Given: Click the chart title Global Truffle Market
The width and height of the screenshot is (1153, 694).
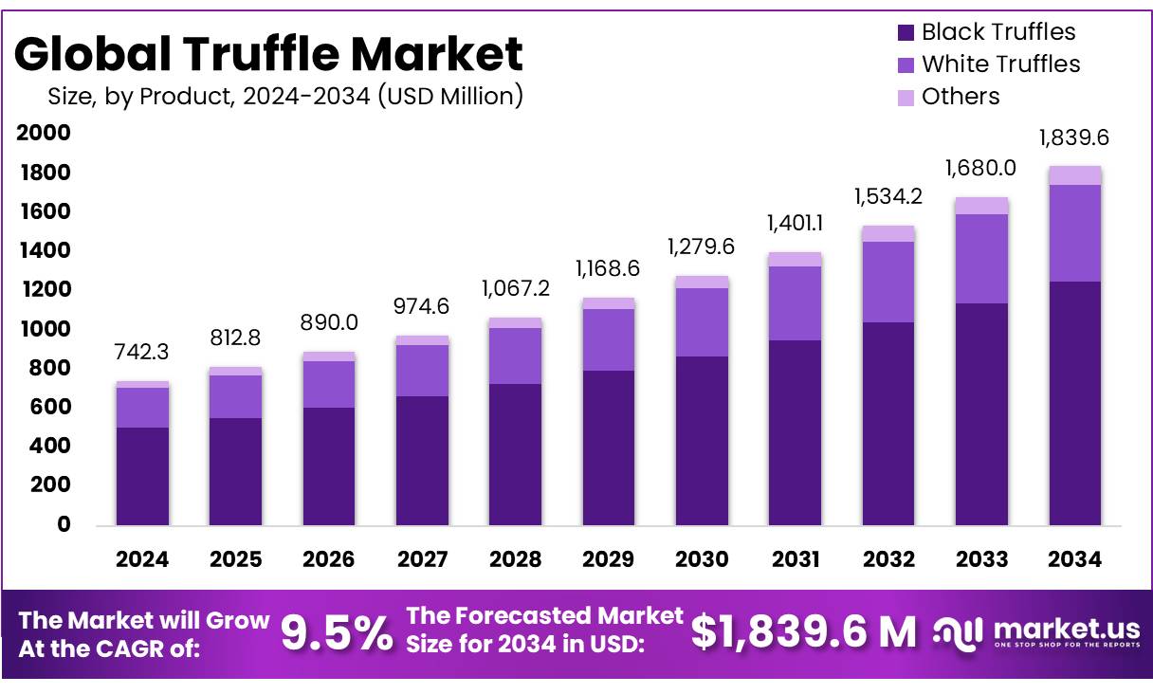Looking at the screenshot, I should tap(267, 54).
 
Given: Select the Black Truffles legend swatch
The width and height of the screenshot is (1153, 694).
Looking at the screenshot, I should tap(906, 32).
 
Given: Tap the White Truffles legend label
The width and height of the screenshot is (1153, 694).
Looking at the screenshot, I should tap(1000, 64).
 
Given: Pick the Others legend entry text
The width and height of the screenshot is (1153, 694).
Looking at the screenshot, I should tap(961, 97).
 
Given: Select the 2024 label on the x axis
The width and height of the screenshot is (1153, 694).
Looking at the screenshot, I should tap(142, 559).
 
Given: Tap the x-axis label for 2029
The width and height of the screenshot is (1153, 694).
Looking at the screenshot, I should tap(608, 559).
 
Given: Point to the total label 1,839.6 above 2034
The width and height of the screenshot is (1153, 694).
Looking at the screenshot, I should tap(1074, 138).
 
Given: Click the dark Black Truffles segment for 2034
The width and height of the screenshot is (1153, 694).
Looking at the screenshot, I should tap(1074, 403).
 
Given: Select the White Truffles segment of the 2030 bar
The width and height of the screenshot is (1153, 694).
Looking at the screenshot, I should tap(702, 322).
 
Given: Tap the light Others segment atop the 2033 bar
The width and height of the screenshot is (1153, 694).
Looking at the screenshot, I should tap(981, 206).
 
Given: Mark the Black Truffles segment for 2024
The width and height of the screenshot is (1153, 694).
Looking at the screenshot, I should tap(142, 476).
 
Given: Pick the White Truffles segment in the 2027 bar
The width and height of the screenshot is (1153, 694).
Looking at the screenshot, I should tap(422, 371).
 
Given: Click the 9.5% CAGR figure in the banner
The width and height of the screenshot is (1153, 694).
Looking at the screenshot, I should tap(338, 632).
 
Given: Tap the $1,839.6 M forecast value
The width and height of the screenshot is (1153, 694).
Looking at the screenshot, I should tap(804, 632).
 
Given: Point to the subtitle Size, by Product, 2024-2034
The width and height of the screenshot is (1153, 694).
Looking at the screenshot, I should tap(284, 97).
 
